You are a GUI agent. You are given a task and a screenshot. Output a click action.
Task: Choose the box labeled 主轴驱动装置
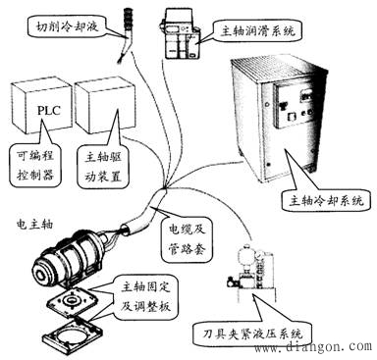tap(101, 168)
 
